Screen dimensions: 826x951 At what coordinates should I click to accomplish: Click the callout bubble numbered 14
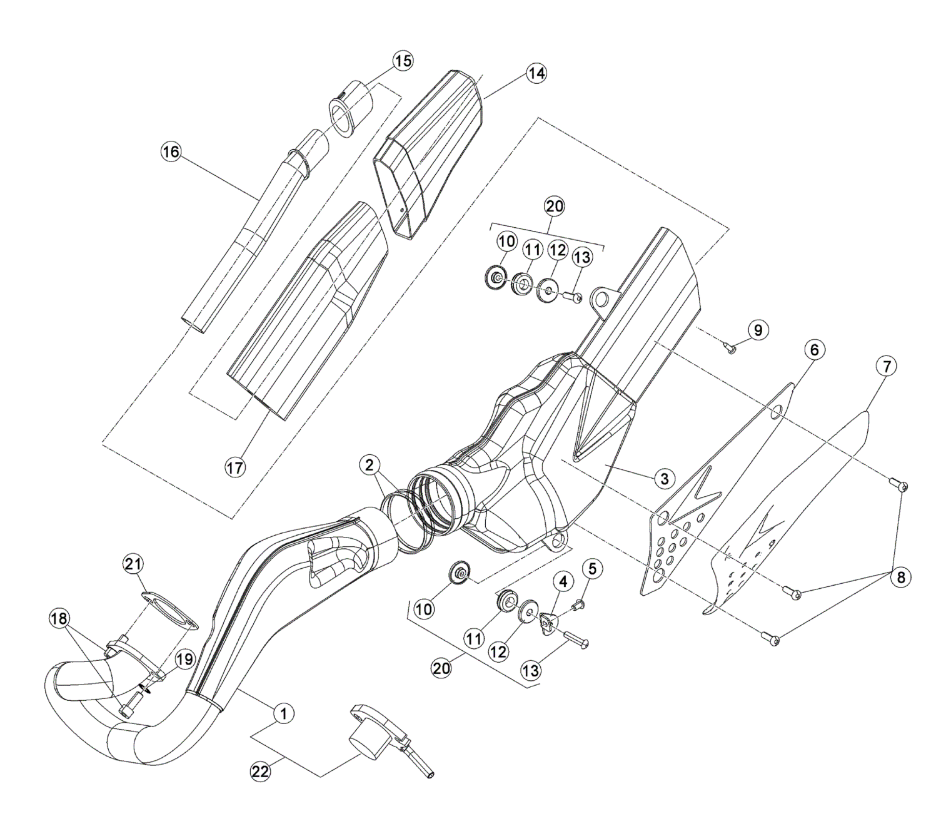click(535, 73)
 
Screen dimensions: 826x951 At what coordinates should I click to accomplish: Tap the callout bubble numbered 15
click(403, 61)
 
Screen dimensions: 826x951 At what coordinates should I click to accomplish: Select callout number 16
click(171, 151)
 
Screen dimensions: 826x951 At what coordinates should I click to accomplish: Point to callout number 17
click(236, 466)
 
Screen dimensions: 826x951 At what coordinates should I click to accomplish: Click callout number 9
click(757, 329)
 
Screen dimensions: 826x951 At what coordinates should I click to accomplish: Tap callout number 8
click(900, 578)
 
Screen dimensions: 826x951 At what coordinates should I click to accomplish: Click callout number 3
click(664, 479)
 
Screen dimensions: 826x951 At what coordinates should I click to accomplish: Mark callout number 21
click(132, 564)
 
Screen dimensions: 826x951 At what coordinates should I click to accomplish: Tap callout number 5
click(593, 568)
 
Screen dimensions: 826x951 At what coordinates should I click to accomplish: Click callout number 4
click(562, 581)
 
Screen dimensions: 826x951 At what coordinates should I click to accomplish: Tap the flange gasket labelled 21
click(166, 610)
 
